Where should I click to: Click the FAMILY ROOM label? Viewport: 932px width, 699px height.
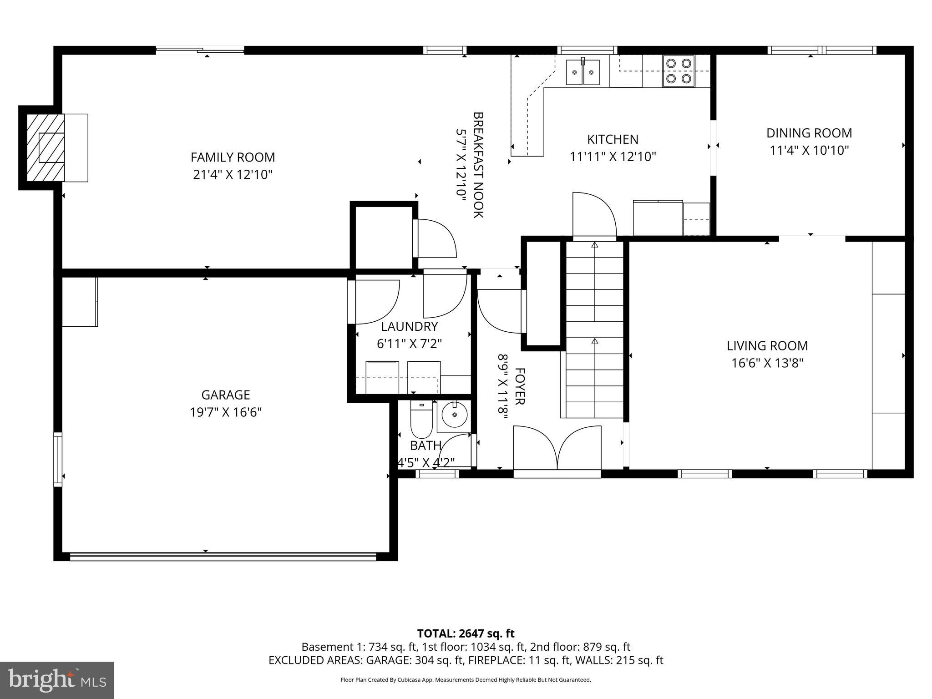233,157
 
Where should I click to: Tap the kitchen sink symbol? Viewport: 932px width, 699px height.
583,72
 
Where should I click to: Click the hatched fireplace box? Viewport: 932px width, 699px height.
46,147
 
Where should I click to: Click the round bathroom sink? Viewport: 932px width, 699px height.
453,415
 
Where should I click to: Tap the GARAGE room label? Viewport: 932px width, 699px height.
226,395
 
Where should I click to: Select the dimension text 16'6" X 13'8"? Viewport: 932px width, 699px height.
767,363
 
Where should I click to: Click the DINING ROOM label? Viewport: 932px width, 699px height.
809,133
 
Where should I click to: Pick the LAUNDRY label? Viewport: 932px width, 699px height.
409,326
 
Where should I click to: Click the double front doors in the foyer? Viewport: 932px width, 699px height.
557,448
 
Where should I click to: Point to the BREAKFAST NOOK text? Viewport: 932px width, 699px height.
478,165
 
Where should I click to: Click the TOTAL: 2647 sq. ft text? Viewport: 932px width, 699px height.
466,633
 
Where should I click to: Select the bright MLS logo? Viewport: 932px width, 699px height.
57,680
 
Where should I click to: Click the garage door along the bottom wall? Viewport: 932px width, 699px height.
223,556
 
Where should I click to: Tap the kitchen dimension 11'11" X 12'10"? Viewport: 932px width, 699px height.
613,157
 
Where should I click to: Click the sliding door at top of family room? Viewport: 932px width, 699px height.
200,51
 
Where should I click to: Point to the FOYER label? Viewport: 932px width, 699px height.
519,386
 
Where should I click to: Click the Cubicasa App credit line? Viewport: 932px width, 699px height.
466,680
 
